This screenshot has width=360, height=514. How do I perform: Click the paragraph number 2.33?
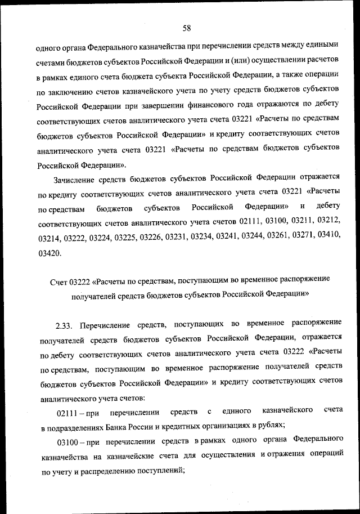coord(65,325)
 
